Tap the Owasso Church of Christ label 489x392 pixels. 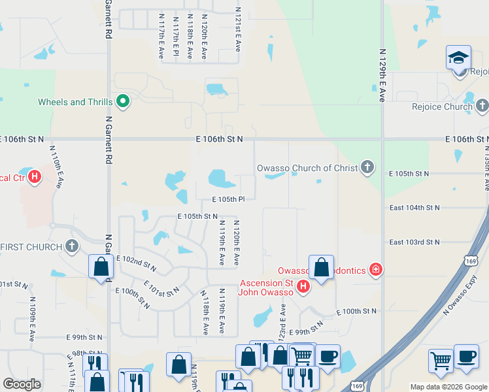[307, 168]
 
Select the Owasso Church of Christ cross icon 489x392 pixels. [367, 167]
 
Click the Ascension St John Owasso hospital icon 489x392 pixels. [303, 286]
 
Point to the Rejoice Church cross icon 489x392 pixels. [482, 105]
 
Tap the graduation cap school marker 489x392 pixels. [458, 58]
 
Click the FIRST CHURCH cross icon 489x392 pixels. [72, 246]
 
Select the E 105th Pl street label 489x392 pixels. [228, 199]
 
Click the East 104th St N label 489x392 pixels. [414, 207]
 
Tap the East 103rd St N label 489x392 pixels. [414, 242]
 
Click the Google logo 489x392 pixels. [22, 384]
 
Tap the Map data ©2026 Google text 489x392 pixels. [448, 387]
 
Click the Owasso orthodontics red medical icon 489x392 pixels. [375, 269]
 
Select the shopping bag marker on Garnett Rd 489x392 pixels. [101, 266]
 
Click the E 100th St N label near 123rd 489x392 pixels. [356, 311]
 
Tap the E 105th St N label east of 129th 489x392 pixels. [408, 173]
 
